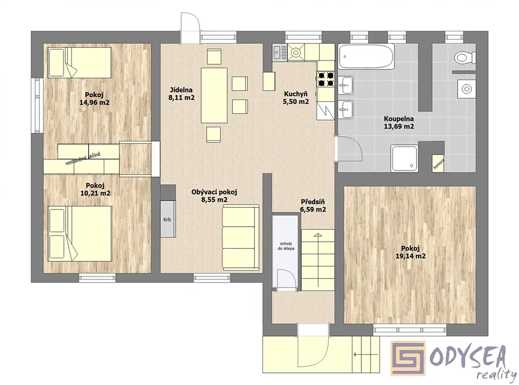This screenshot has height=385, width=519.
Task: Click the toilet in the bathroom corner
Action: [x=464, y=58]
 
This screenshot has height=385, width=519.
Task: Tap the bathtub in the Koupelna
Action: [x=366, y=56]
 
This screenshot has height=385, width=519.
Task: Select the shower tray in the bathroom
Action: [x=405, y=158]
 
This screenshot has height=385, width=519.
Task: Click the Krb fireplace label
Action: [x=167, y=219]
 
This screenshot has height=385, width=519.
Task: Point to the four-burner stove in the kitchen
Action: [x=326, y=79]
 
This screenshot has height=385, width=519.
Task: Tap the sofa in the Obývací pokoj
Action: [x=240, y=237]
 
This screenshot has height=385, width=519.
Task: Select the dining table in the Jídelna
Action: [x=214, y=95]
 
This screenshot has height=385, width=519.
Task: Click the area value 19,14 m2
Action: [x=411, y=256]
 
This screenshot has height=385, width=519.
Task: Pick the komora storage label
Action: [x=439, y=164]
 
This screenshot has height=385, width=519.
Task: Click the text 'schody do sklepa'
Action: [x=286, y=246]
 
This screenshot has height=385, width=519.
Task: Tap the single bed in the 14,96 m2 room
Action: [x=80, y=62]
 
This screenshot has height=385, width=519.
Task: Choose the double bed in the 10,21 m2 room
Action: [x=80, y=233]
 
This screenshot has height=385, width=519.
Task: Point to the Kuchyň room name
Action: [x=295, y=94]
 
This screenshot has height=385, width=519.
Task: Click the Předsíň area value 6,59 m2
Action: [x=313, y=209]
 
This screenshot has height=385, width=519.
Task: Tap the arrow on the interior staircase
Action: [x=318, y=261]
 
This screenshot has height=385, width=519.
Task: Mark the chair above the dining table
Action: [x=214, y=56]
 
